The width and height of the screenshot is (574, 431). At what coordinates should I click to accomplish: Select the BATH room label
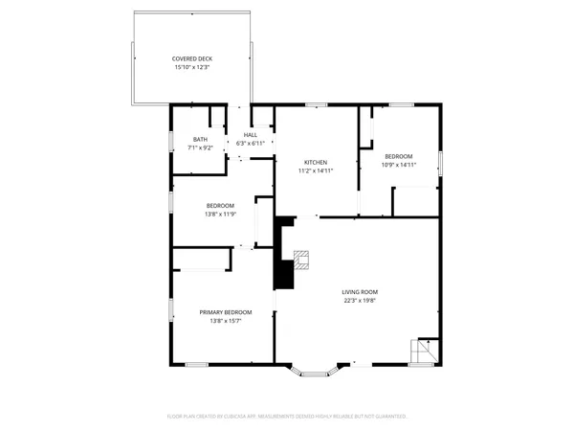[200, 139]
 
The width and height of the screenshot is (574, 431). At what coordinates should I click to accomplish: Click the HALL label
[250, 134]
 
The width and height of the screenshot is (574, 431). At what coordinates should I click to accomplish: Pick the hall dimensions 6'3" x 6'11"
[250, 143]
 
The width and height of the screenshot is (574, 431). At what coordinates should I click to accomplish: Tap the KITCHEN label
[317, 162]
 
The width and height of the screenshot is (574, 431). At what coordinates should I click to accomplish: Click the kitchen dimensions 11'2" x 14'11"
[317, 170]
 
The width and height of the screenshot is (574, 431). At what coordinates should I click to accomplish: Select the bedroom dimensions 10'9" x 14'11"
[399, 165]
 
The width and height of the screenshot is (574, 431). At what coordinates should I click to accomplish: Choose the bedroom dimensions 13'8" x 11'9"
[221, 215]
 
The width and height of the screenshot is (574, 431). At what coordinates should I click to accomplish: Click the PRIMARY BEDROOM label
[226, 312]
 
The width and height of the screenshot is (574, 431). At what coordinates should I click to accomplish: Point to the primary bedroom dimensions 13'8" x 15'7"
[226, 322]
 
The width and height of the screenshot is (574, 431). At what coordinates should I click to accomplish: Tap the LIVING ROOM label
[361, 292]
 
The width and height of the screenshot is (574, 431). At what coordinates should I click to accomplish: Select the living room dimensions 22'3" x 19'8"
[361, 301]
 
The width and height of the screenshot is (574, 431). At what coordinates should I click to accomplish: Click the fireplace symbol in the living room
[302, 259]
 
